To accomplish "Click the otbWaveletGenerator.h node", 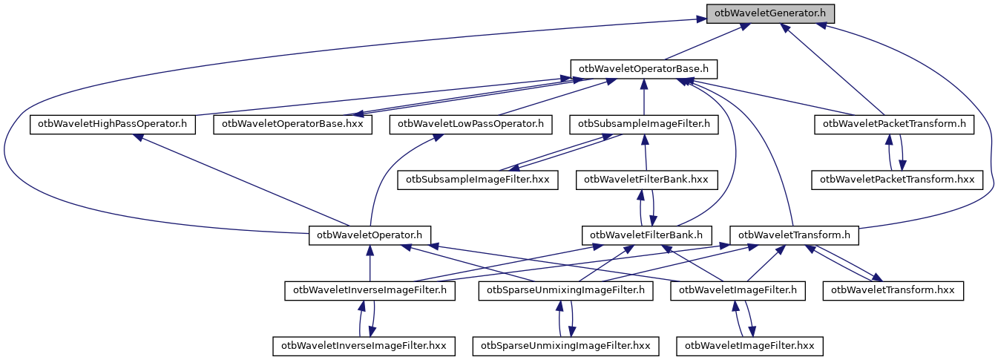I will [x=771, y=13].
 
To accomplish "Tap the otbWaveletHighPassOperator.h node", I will [x=113, y=124].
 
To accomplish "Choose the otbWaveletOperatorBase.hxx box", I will [x=292, y=124].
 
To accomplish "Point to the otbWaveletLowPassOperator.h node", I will [x=471, y=124].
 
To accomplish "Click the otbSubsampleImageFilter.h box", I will [x=644, y=124].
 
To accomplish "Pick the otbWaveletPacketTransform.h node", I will [x=895, y=124].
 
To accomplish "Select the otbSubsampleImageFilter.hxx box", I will [x=478, y=180].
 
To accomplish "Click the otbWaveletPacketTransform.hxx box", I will [x=897, y=180].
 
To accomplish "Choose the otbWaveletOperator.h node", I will [x=370, y=235].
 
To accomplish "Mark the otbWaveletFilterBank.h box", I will [x=647, y=235].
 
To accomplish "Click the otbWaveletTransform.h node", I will [x=795, y=235].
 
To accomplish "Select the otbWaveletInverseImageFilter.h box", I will [x=370, y=290].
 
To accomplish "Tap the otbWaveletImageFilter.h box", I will [x=738, y=290].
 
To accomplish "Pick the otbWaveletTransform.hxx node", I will [x=893, y=290].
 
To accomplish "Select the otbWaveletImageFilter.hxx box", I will [x=750, y=346].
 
